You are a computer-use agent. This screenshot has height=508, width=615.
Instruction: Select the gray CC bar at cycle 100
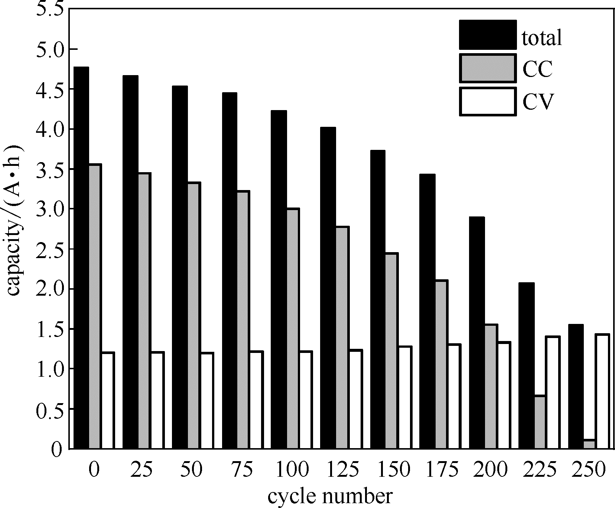[293, 329]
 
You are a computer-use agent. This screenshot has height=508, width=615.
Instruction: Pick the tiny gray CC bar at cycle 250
[589, 444]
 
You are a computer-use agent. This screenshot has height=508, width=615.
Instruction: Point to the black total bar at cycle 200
[477, 333]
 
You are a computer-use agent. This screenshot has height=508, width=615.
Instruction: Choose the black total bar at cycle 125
[328, 288]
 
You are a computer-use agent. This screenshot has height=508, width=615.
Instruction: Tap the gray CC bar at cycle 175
[441, 364]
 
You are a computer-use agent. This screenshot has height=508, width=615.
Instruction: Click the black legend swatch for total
[488, 35]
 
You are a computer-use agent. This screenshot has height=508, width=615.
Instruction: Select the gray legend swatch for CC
[488, 68]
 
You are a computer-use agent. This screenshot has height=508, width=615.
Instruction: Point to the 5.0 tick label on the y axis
[51, 49]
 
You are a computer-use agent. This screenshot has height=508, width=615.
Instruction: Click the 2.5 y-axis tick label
[51, 249]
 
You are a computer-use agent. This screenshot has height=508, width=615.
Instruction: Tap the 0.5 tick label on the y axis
[51, 409]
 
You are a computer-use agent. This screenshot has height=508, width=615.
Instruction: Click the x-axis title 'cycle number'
[329, 497]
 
